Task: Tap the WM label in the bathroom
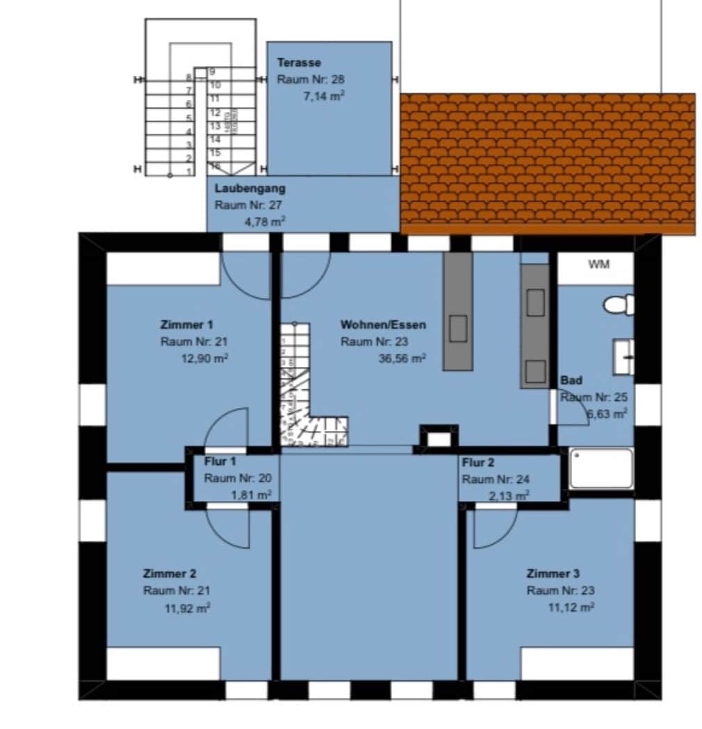click(598, 264)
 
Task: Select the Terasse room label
click(299, 63)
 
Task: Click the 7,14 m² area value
click(325, 97)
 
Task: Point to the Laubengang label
click(250, 188)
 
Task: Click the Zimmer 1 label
click(186, 325)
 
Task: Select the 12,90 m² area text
click(204, 359)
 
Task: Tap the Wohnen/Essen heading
click(383, 325)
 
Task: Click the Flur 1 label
click(220, 461)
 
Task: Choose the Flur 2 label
click(478, 462)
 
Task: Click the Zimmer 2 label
click(170, 573)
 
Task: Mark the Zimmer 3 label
click(553, 573)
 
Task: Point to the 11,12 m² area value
click(571, 607)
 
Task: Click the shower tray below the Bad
click(601, 468)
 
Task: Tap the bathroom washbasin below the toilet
click(623, 356)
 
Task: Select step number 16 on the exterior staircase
click(215, 166)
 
